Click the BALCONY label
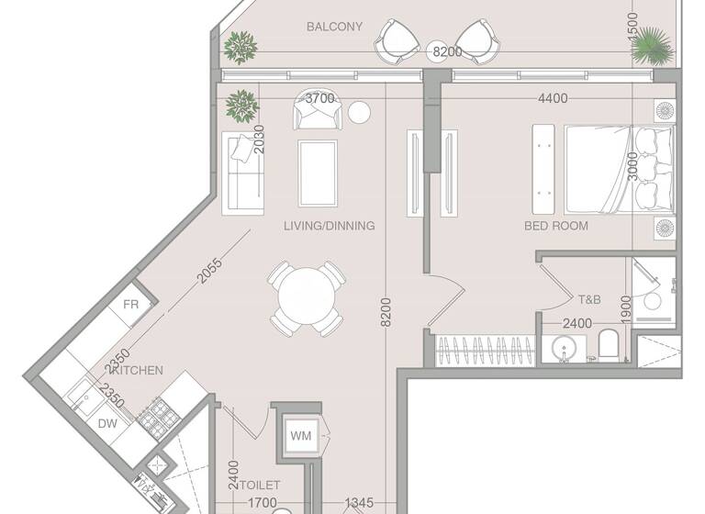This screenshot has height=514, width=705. pyautogui.click(x=335, y=27)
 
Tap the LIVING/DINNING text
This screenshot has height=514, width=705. pyautogui.click(x=330, y=226)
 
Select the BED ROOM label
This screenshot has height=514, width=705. pyautogui.click(x=556, y=226)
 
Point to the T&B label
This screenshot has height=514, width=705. pyautogui.click(x=588, y=299)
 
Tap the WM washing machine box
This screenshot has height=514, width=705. pyautogui.click(x=300, y=436)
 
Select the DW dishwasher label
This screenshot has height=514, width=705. pyautogui.click(x=108, y=425)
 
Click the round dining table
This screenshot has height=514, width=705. pyautogui.click(x=308, y=299)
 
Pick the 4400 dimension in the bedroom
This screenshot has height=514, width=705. pyautogui.click(x=553, y=99)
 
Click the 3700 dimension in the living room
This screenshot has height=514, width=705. pyautogui.click(x=319, y=98)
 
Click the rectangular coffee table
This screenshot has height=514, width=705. pyautogui.click(x=318, y=173)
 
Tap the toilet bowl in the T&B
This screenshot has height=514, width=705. pyautogui.click(x=609, y=346)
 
